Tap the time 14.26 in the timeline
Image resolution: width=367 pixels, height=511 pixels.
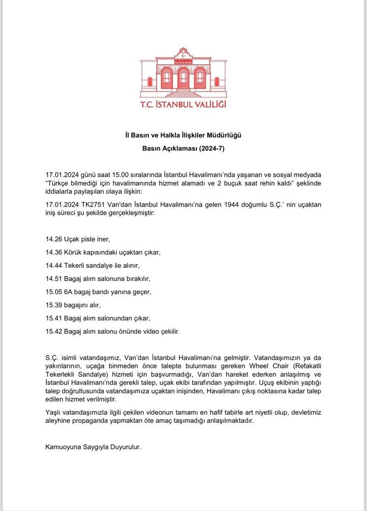(54, 239)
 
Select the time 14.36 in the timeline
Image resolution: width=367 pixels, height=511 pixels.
(54, 253)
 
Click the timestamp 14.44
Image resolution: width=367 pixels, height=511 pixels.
(54, 265)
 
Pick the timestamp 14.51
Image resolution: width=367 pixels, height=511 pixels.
(54, 279)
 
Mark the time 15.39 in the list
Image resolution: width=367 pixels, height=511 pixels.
(54, 305)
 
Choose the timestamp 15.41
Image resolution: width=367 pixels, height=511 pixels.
(54, 318)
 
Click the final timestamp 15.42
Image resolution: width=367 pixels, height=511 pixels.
(54, 331)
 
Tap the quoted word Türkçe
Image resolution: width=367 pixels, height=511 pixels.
(59, 184)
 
